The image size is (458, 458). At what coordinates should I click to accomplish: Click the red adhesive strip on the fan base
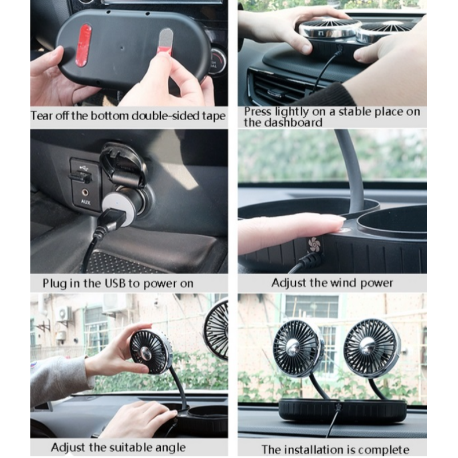click(84, 45)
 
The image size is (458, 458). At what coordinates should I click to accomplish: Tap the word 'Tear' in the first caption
click(42, 116)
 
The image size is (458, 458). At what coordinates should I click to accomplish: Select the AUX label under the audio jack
click(85, 202)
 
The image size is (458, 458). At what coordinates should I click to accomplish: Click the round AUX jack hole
click(85, 192)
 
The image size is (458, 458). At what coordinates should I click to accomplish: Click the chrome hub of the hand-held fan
click(145, 353)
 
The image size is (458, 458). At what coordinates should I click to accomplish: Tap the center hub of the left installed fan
click(293, 348)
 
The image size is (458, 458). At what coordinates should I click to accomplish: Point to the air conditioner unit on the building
click(64, 314)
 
